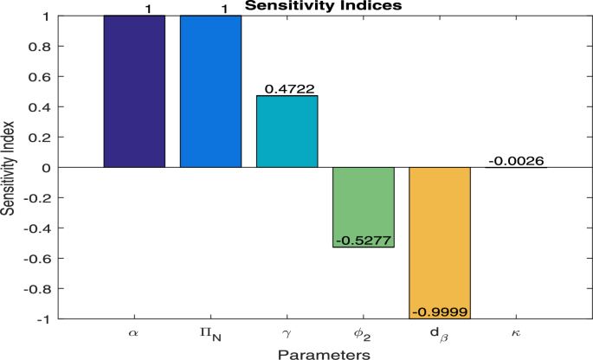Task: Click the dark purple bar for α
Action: [x=134, y=91]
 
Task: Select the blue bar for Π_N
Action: [x=210, y=91]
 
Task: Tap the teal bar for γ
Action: [x=287, y=131]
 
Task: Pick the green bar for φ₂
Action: [x=364, y=203]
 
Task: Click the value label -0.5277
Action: [x=364, y=240]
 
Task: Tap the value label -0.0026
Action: [x=516, y=160]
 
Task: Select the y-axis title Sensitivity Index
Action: [x=9, y=168]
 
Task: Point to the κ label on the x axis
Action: [x=516, y=332]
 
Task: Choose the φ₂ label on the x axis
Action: [x=364, y=333]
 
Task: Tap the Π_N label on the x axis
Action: [x=210, y=333]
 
